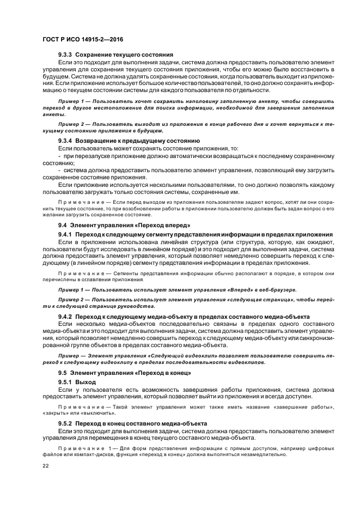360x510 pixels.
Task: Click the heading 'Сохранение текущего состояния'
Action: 124,55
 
